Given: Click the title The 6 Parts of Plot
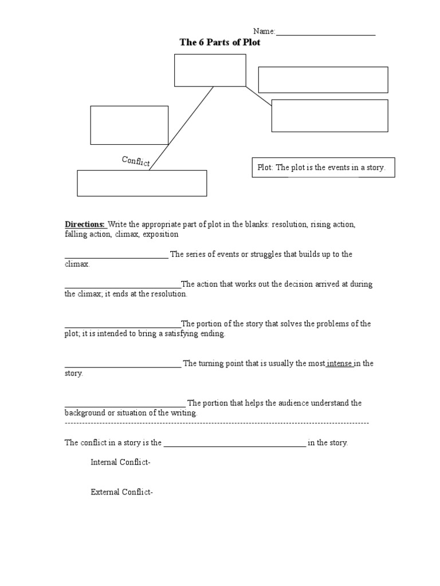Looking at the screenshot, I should click(x=220, y=42).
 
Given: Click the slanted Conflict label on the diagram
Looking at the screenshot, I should click(x=136, y=161).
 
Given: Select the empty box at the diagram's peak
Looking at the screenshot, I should click(x=210, y=70).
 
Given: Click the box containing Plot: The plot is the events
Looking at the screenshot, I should click(x=323, y=168).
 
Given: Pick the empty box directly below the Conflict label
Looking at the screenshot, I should click(x=142, y=183).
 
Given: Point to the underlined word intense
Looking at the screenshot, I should click(x=340, y=363).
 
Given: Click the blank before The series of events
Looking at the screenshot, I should click(x=116, y=257).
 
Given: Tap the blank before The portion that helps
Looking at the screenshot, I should click(x=124, y=406).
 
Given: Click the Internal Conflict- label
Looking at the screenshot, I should click(x=120, y=462).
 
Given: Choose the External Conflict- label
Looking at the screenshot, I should click(x=121, y=492).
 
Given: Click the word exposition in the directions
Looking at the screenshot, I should click(x=160, y=234).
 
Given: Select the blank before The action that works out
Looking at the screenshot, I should click(x=123, y=286).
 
